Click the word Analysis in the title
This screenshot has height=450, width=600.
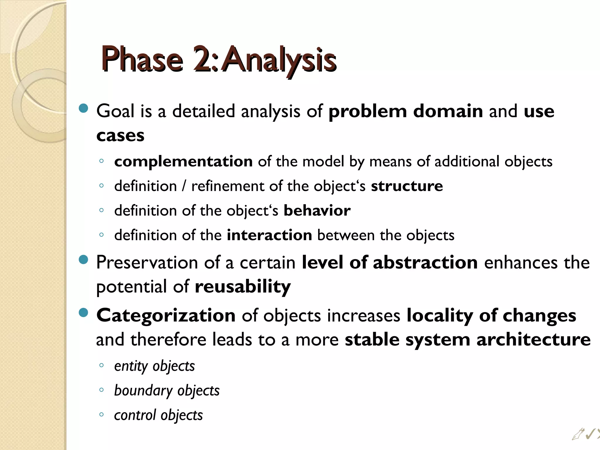[x=280, y=60]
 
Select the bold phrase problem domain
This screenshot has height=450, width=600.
[x=405, y=111]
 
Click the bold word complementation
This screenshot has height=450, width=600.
[x=183, y=161]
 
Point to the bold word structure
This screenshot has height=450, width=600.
[x=407, y=186]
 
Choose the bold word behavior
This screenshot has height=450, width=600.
[x=317, y=211]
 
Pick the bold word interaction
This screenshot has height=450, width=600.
[x=269, y=235]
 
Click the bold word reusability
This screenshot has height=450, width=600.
[x=243, y=287]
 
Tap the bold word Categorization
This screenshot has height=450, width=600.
[x=166, y=316]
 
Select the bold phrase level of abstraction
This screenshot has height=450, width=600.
[x=390, y=262]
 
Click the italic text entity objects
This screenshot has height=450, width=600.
[x=154, y=366]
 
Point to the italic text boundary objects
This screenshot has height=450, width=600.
[x=167, y=391]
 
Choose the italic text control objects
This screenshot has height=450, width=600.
[x=158, y=415]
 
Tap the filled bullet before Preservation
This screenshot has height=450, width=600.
[x=84, y=260]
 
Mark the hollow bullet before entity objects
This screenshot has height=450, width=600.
[x=101, y=365]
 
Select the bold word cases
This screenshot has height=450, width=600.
[x=120, y=136]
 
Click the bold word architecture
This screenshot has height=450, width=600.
[x=533, y=340]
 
